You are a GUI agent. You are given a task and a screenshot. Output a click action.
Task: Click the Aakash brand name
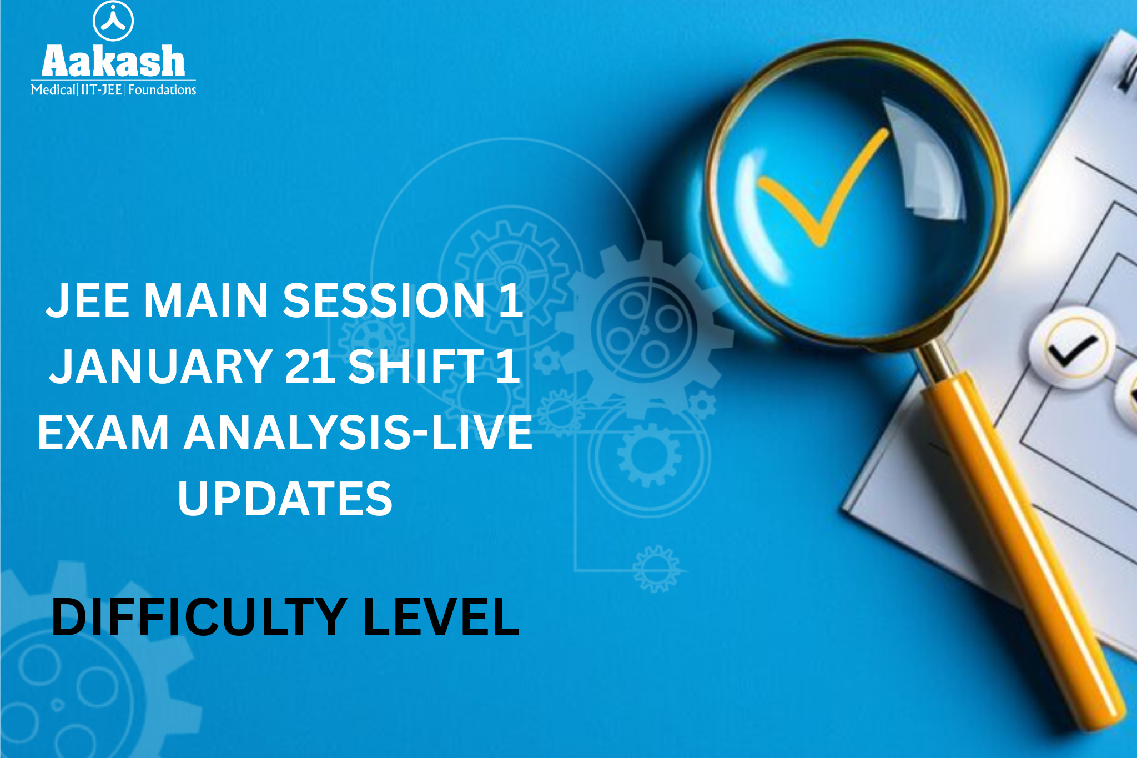[113, 61]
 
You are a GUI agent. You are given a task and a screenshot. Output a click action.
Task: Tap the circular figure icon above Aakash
[113, 21]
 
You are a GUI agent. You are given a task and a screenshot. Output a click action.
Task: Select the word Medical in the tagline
[53, 89]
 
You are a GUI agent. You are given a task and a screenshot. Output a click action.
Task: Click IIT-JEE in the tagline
[102, 89]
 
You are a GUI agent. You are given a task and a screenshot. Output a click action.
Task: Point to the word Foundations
[162, 89]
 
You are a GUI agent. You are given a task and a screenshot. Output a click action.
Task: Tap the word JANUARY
[161, 366]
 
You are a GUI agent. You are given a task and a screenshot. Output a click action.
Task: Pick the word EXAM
[103, 433]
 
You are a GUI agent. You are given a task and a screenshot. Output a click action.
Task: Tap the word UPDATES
[285, 498]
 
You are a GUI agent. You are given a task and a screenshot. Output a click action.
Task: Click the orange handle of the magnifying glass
[1022, 550]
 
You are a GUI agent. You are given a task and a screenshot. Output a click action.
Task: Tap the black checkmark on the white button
[1071, 350]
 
